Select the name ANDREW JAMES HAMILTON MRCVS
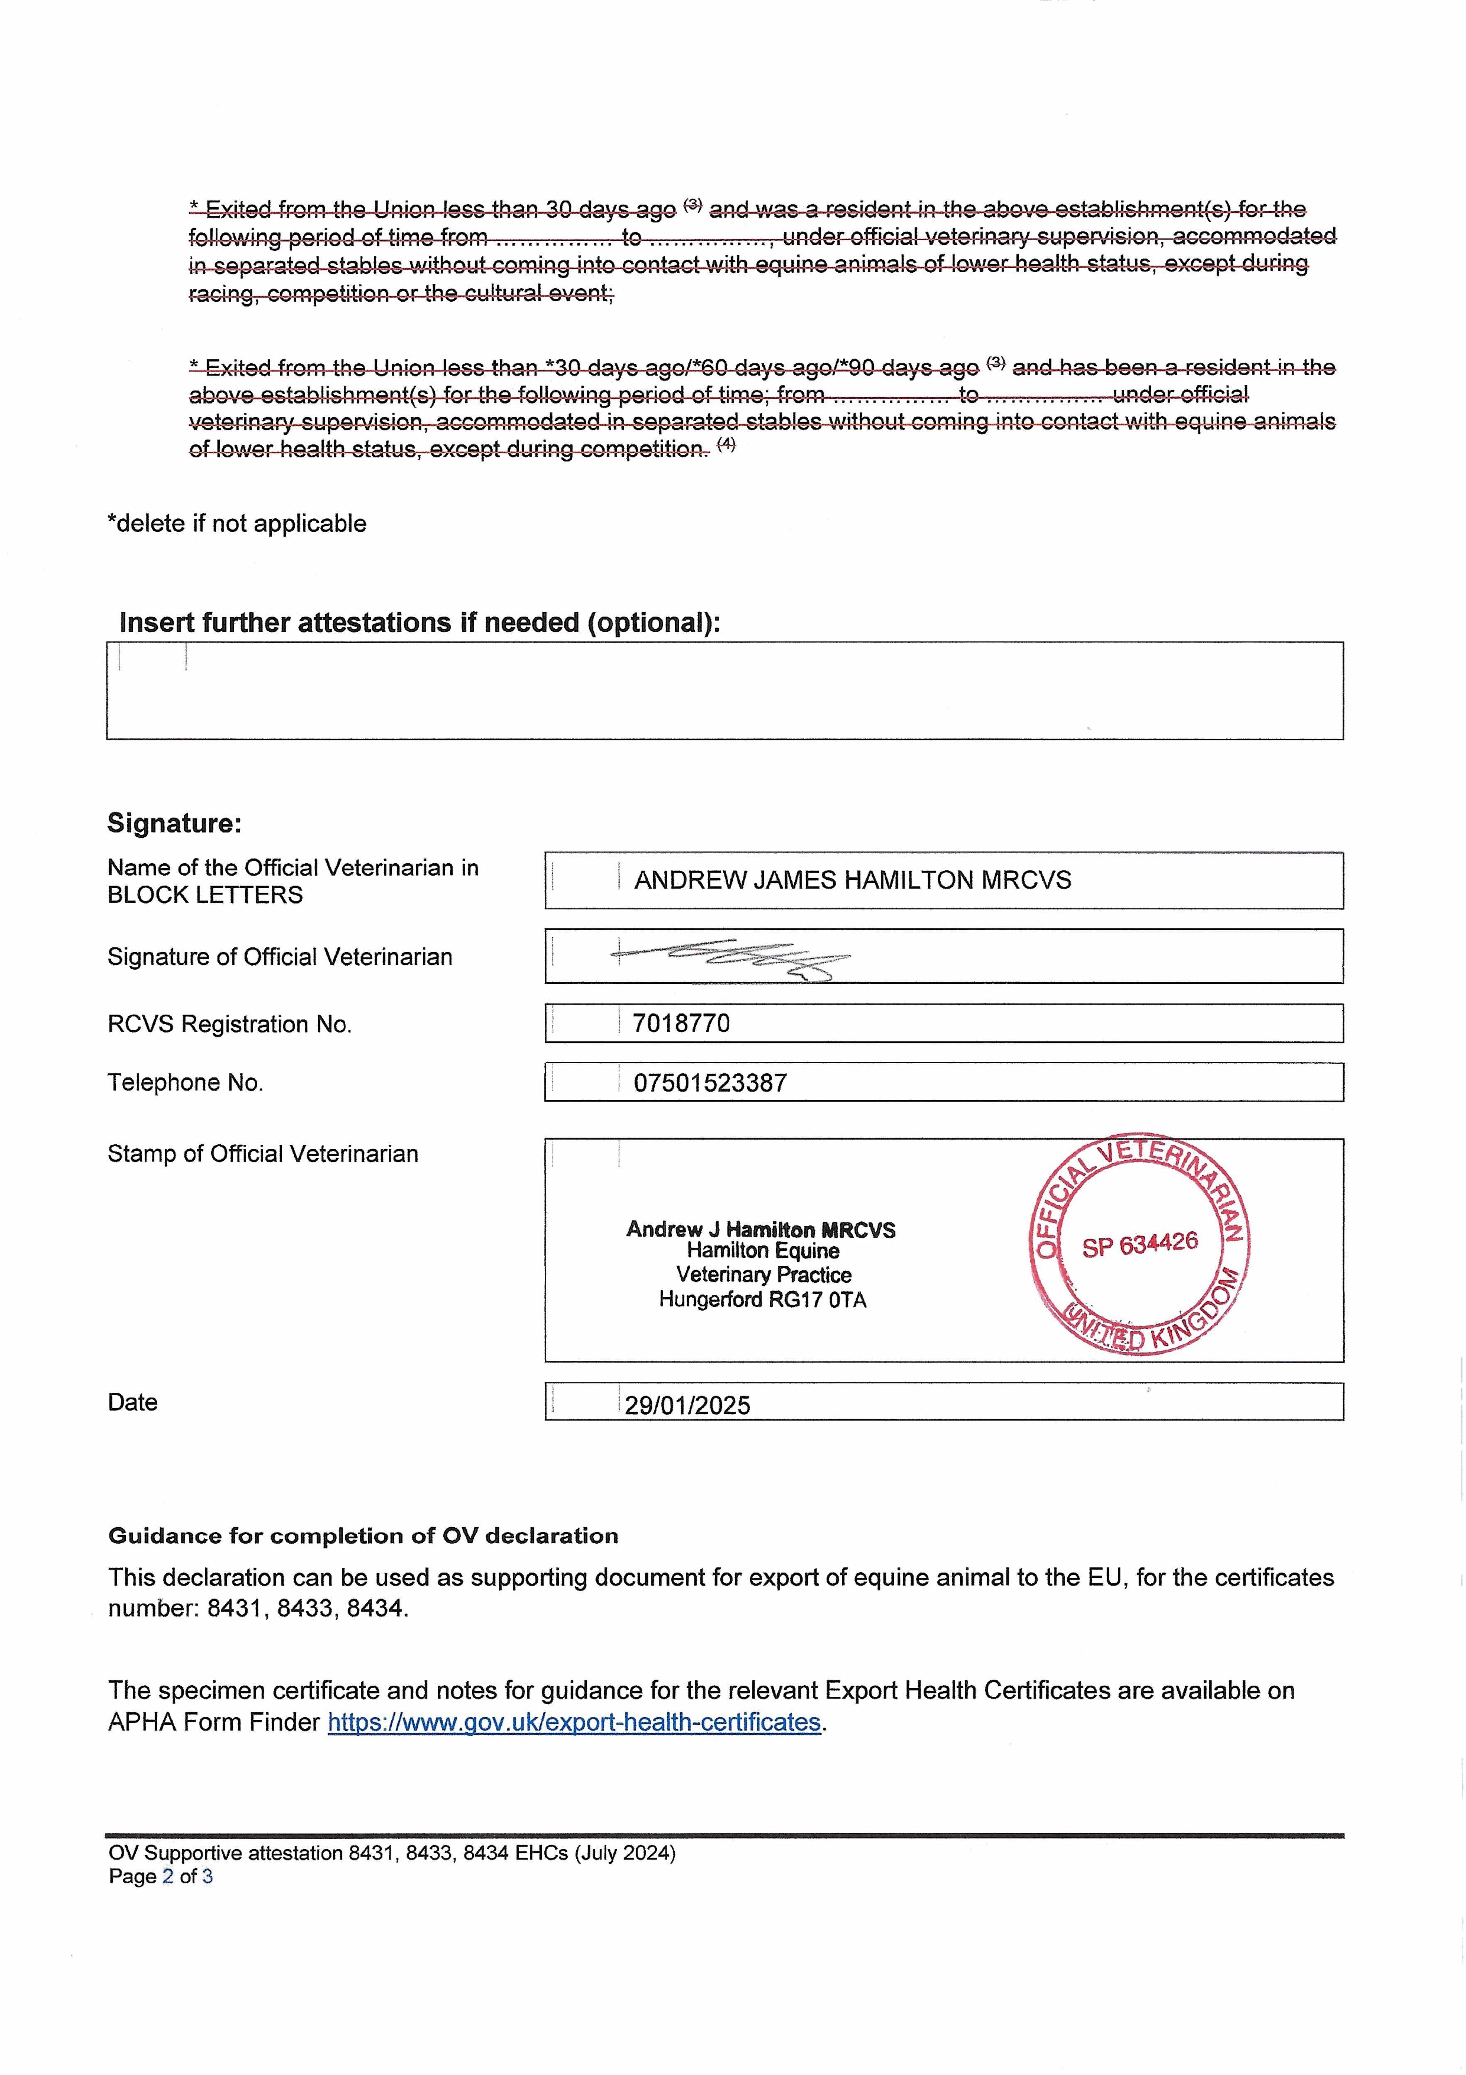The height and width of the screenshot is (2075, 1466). pyautogui.click(x=852, y=880)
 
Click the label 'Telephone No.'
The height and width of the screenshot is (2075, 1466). pyautogui.click(x=185, y=1083)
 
